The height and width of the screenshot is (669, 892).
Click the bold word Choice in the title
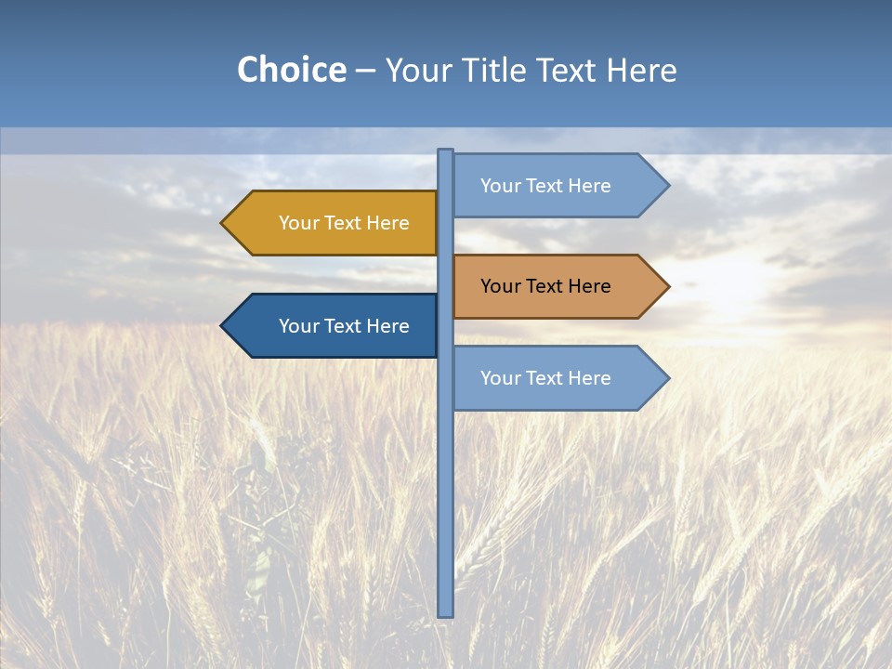click(291, 70)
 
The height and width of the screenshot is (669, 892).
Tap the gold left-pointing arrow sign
click(334, 223)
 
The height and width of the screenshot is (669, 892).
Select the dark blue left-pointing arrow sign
click(334, 326)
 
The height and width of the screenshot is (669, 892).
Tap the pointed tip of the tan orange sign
click(666, 286)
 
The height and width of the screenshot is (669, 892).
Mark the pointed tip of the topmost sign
click(666, 186)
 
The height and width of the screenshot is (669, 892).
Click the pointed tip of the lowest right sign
click(666, 378)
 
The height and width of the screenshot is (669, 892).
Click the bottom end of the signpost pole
click(446, 612)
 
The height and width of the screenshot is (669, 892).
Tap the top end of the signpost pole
click(446, 152)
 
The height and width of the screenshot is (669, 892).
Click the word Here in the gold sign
click(387, 223)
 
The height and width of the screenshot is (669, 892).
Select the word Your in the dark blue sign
click(298, 326)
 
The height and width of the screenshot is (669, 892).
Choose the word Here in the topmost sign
click(589, 186)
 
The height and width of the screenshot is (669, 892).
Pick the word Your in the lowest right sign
click(500, 378)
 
